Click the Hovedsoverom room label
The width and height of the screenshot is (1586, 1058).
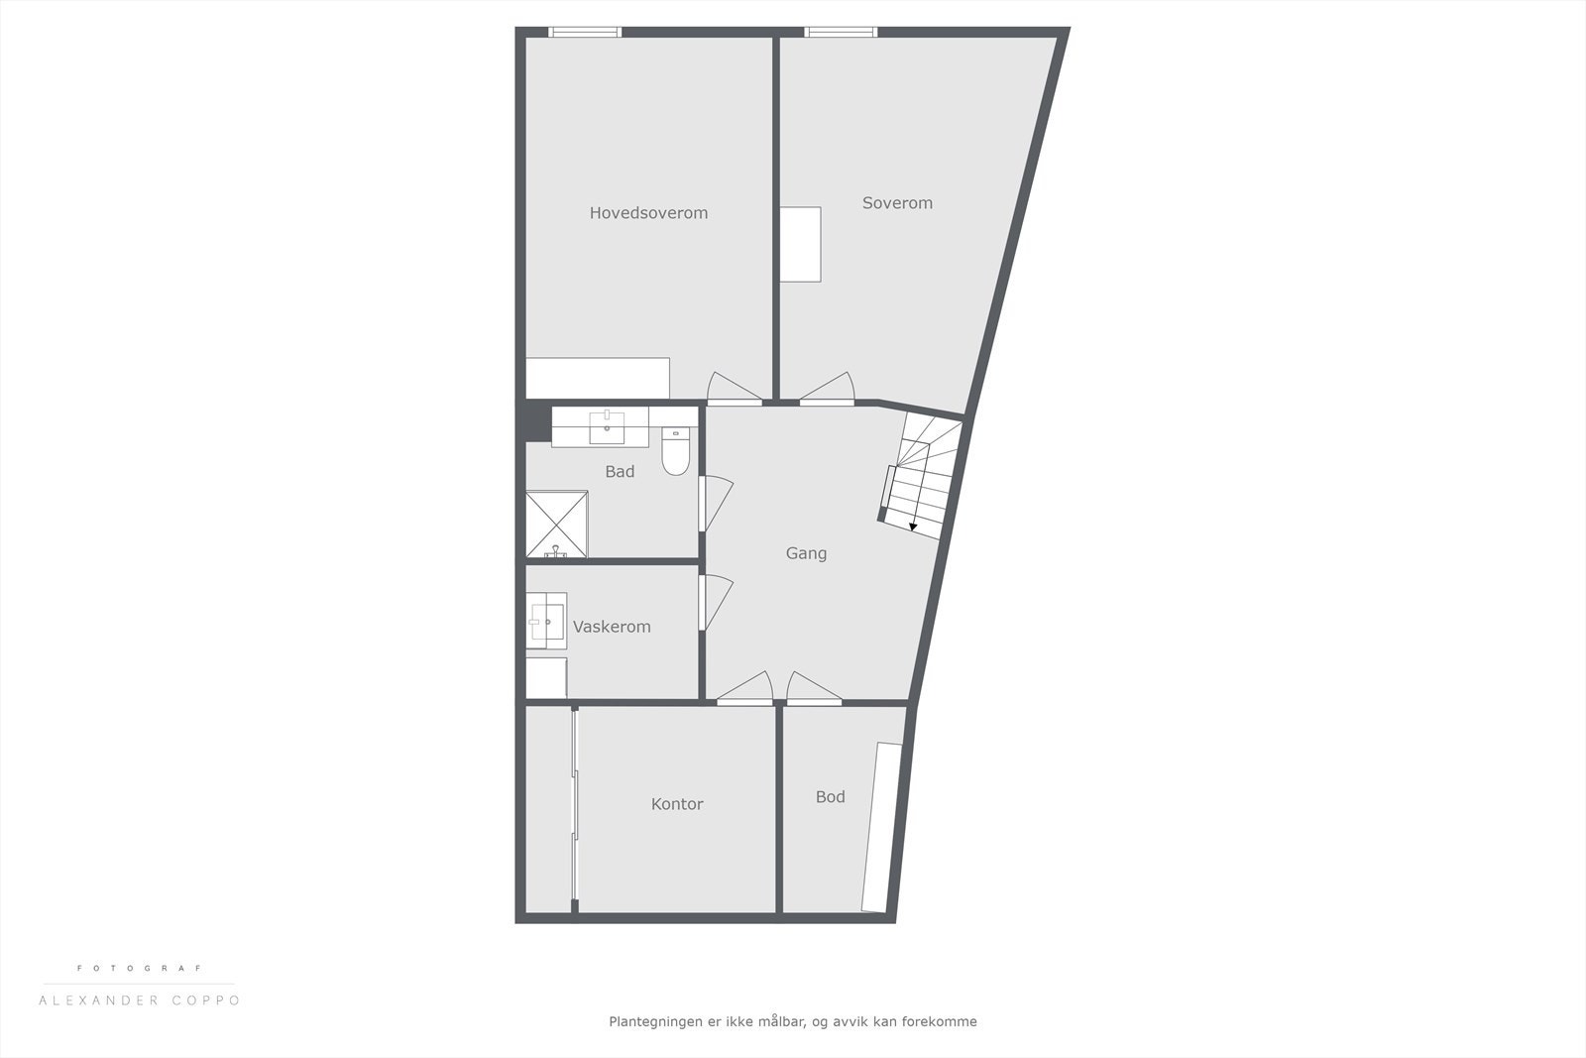pyautogui.click(x=648, y=213)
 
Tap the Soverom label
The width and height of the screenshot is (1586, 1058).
pyautogui.click(x=897, y=203)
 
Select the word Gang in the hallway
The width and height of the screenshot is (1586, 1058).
pyautogui.click(x=806, y=553)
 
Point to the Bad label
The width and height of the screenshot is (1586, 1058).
pyautogui.click(x=620, y=472)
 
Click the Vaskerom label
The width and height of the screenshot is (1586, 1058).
pyautogui.click(x=612, y=627)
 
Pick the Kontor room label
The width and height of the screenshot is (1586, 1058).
pyautogui.click(x=677, y=804)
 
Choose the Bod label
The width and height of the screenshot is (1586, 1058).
pyautogui.click(x=830, y=797)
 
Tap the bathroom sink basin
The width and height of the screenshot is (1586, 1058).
pyautogui.click(x=607, y=429)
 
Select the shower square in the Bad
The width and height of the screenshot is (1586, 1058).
pyautogui.click(x=556, y=524)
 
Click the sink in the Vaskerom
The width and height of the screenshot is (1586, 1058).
pyautogui.click(x=544, y=622)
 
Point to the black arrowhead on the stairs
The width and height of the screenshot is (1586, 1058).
pyautogui.click(x=913, y=527)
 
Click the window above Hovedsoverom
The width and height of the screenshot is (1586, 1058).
pyautogui.click(x=585, y=33)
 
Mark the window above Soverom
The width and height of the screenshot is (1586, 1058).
pyautogui.click(x=841, y=33)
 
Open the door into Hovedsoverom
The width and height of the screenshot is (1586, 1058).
pyautogui.click(x=735, y=391)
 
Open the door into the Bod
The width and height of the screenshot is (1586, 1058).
pyautogui.click(x=814, y=688)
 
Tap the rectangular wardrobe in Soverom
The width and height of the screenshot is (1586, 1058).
pyautogui.click(x=800, y=244)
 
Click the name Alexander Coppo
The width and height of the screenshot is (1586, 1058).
pyautogui.click(x=139, y=1000)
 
